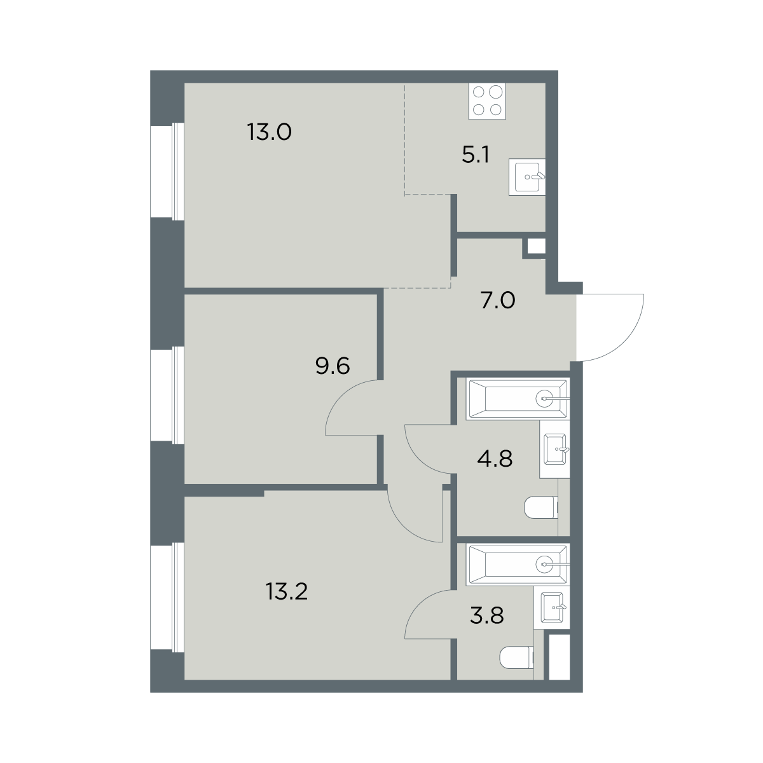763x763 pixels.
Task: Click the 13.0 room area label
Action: click(x=270, y=132)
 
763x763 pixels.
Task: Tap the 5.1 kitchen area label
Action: click(x=476, y=155)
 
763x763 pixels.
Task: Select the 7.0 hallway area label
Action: click(x=498, y=301)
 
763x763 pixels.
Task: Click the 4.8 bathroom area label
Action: click(x=495, y=459)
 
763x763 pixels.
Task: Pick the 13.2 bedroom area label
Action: click(x=287, y=592)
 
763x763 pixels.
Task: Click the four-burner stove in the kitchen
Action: click(x=487, y=101)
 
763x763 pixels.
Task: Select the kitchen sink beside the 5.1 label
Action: click(x=527, y=177)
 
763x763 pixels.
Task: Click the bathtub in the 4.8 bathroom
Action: click(x=518, y=398)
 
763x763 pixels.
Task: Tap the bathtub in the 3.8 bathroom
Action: click(x=518, y=564)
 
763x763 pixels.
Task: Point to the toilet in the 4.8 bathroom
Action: click(x=541, y=507)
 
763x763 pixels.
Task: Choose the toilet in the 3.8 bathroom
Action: click(x=517, y=657)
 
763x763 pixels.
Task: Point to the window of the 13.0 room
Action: click(x=167, y=171)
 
